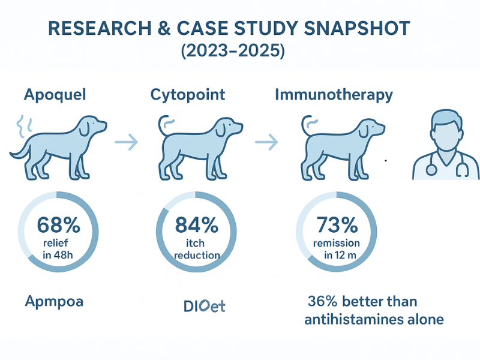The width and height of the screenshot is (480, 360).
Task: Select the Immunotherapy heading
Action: coord(334,95)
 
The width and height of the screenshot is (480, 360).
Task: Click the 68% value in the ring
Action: coord(58,225)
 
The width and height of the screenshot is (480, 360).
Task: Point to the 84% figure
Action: coord(196,225)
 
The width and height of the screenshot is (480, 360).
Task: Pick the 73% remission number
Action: coord(336,226)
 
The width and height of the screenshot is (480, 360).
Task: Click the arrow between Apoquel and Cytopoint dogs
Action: coord(126,142)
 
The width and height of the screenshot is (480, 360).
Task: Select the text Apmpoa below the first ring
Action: coord(54,301)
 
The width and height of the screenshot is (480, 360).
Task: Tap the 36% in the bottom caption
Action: coord(321,301)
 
